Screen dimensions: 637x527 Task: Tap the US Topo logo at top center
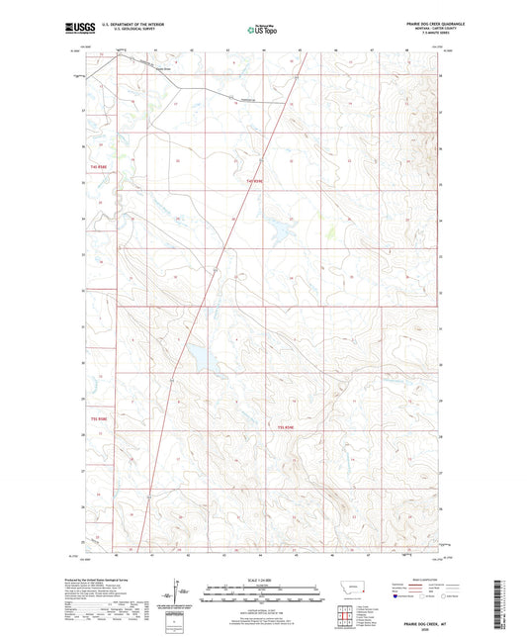click(x=263, y=30)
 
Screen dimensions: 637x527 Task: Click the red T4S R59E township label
click(x=255, y=181)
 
